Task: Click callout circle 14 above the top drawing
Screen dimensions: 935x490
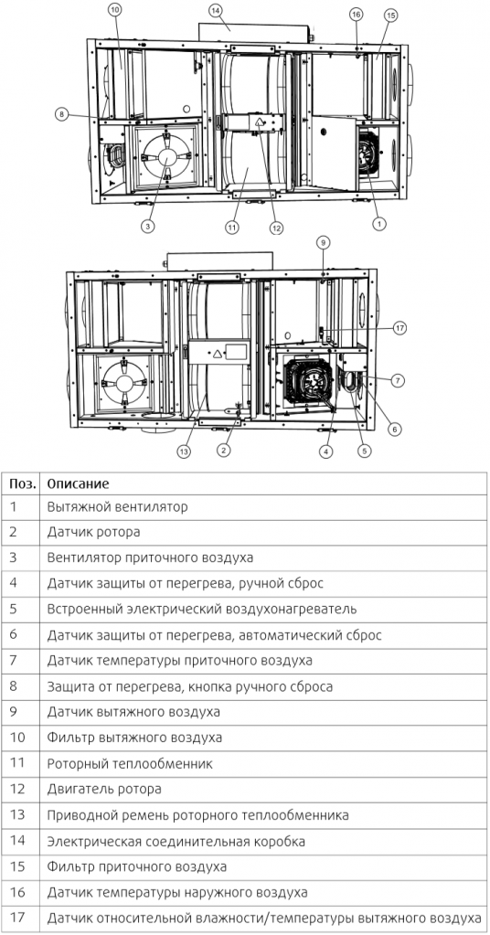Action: [216, 10]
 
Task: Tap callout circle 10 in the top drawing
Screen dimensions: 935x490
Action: [114, 10]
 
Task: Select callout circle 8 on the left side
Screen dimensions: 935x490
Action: [61, 114]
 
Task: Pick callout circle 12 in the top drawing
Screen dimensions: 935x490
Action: [276, 228]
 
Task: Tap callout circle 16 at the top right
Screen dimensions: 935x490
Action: [356, 15]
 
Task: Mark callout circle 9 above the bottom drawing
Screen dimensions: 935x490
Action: [322, 242]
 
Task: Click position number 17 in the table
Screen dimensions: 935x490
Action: [16, 917]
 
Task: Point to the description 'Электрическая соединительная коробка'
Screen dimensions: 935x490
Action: [176, 840]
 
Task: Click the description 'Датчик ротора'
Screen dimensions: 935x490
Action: [92, 531]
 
